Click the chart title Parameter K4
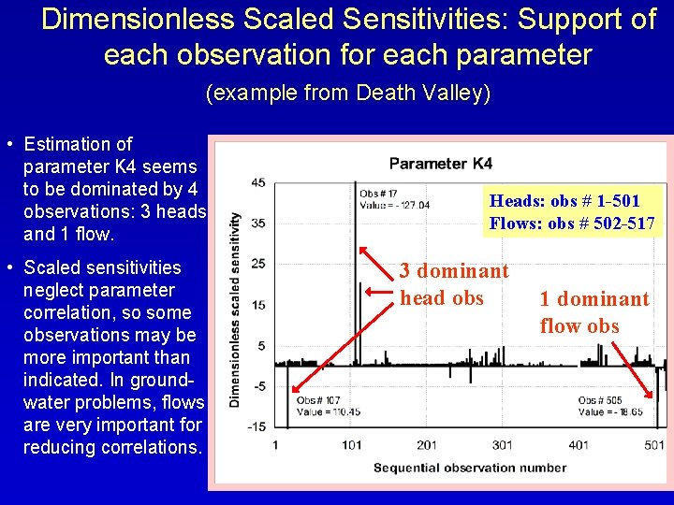[440, 164]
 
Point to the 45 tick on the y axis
[257, 182]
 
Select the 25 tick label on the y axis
[257, 264]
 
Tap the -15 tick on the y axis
[256, 427]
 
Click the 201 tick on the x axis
[426, 445]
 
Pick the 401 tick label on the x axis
[579, 445]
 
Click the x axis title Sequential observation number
[456, 467]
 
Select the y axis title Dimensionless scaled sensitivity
[235, 309]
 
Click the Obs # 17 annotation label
[378, 194]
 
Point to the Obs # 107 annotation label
[317, 401]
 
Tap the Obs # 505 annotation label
[600, 401]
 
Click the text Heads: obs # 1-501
[564, 201]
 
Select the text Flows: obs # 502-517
[571, 224]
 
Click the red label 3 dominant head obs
[454, 284]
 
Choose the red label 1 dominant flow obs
[593, 312]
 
